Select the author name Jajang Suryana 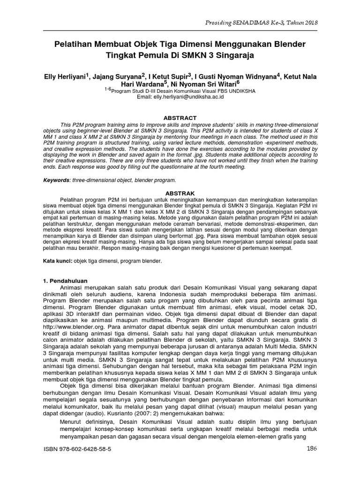click(119, 76)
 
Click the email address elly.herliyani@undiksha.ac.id click(180, 97)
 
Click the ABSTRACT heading click(180, 118)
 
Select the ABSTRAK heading click(180, 193)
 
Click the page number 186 click(312, 448)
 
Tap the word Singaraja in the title click(236, 55)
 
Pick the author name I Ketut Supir click(168, 76)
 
